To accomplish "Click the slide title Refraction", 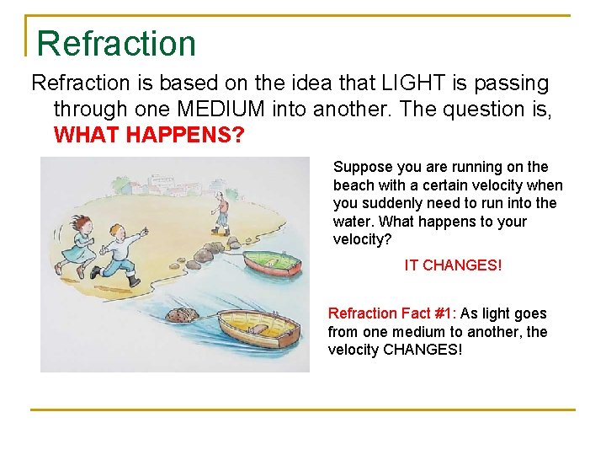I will pos(116,44).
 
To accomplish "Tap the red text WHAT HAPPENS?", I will pos(149,135).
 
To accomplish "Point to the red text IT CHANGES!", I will pos(453,265).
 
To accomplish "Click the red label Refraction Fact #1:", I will pos(391,313).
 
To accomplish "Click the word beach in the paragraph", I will pos(353,185).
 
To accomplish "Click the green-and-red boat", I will pos(271,264).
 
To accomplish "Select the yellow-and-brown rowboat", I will pos(257,329).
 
